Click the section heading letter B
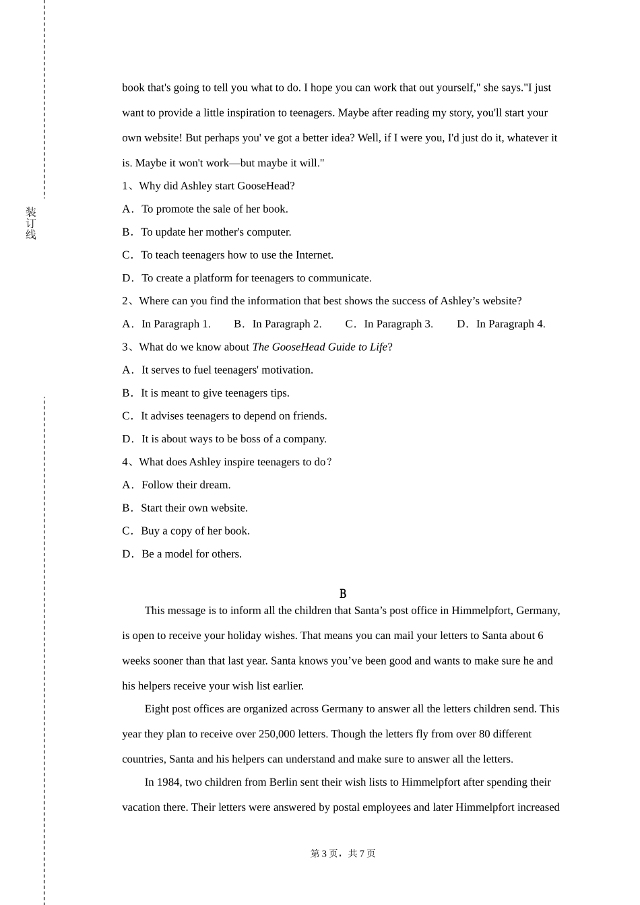pyautogui.click(x=343, y=593)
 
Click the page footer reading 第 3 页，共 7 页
pyautogui.click(x=343, y=854)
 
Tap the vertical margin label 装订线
pyautogui.click(x=31, y=224)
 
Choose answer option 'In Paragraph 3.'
pyautogui.click(x=398, y=324)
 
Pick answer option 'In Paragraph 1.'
pyautogui.click(x=176, y=324)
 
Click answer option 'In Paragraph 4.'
pyautogui.click(x=511, y=324)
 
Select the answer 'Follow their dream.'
pyautogui.click(x=186, y=485)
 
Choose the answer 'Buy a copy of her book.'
pyautogui.click(x=195, y=531)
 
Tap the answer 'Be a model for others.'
pyautogui.click(x=191, y=554)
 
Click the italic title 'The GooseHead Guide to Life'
pyautogui.click(x=320, y=347)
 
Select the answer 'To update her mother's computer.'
pyautogui.click(x=216, y=232)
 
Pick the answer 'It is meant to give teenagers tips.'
pyautogui.click(x=215, y=393)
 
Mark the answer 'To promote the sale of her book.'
pyautogui.click(x=215, y=209)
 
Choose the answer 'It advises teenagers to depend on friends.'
pyautogui.click(x=234, y=415)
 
